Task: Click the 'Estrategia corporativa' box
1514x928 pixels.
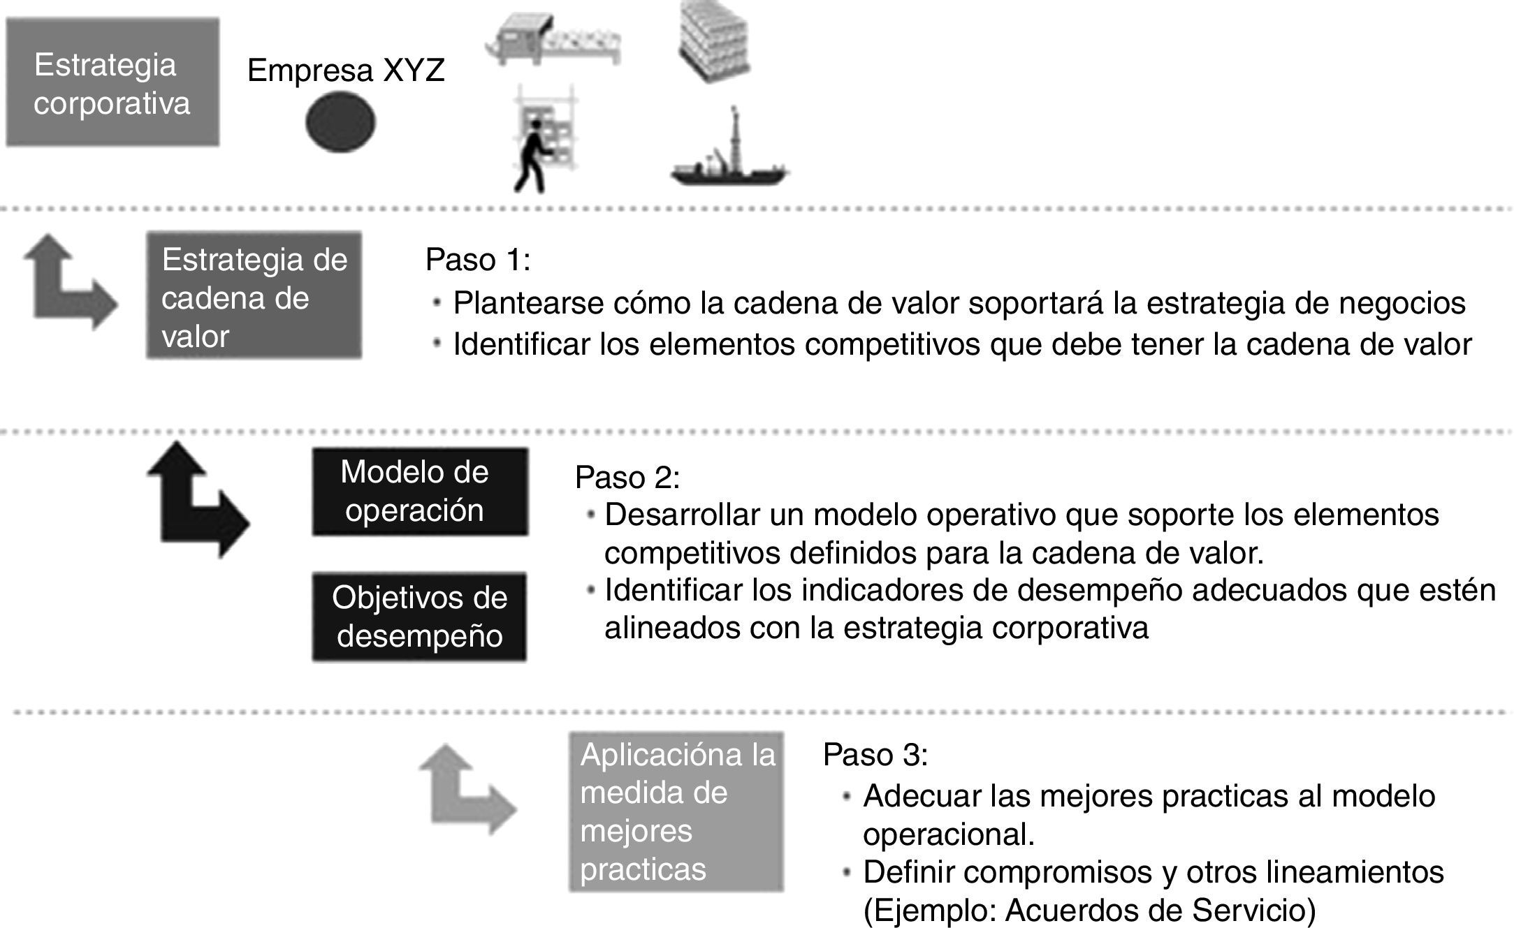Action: pyautogui.click(x=112, y=82)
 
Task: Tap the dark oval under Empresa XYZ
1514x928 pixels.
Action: pyautogui.click(x=340, y=122)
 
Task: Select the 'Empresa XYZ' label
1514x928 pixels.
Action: pyautogui.click(x=346, y=71)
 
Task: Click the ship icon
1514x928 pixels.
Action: pyautogui.click(x=729, y=157)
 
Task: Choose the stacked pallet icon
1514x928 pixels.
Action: pyautogui.click(x=714, y=40)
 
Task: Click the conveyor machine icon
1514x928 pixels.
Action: pyautogui.click(x=552, y=42)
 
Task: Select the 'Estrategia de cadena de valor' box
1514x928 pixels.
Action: pyautogui.click(x=254, y=295)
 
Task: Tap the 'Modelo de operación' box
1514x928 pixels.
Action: pyautogui.click(x=419, y=491)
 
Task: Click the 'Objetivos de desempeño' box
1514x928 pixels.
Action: pyautogui.click(x=419, y=617)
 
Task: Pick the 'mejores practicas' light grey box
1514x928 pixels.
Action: pyautogui.click(x=676, y=811)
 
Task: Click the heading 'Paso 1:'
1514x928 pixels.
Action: pyautogui.click(x=478, y=260)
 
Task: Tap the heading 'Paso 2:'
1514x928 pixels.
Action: pyautogui.click(x=627, y=478)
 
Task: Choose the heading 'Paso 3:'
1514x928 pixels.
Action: pyautogui.click(x=875, y=755)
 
